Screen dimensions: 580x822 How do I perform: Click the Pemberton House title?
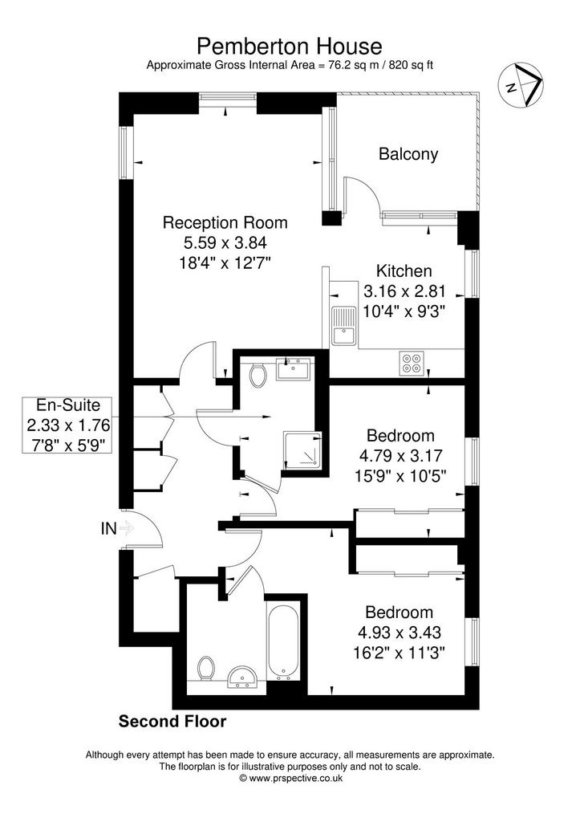click(x=290, y=46)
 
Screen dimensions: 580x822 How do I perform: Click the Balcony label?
click(x=408, y=154)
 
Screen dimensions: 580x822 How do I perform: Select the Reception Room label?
click(x=225, y=222)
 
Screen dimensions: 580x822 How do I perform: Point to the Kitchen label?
click(x=404, y=271)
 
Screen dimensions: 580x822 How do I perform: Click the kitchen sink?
click(x=343, y=326)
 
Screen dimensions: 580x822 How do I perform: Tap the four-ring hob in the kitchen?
click(x=412, y=363)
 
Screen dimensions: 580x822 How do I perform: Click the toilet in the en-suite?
click(x=258, y=374)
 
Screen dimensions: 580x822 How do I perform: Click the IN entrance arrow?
click(x=127, y=528)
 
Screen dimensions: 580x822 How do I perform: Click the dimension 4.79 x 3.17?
click(x=400, y=456)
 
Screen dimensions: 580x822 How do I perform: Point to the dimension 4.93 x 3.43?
click(x=400, y=633)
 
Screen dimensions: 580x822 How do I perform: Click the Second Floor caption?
click(x=172, y=722)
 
